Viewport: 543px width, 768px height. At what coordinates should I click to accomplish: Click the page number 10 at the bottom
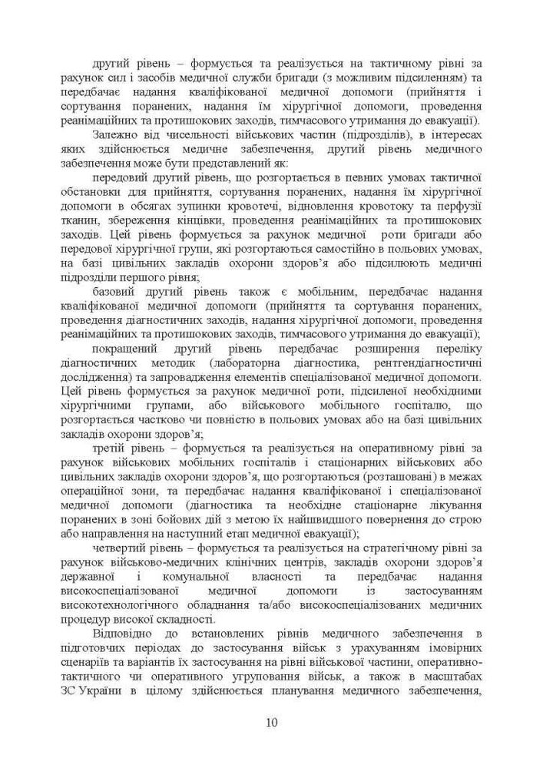click(271, 723)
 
